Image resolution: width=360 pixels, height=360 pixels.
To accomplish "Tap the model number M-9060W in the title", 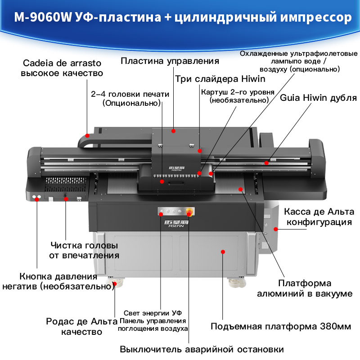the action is click(43, 17).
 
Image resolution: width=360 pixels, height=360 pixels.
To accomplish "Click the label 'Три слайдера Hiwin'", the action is click(220, 79).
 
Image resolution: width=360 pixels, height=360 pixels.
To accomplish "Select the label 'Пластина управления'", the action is click(170, 61).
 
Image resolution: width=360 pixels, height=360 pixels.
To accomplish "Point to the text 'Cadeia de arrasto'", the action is click(62, 63).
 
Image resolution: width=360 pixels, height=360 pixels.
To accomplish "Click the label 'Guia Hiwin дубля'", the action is click(318, 98).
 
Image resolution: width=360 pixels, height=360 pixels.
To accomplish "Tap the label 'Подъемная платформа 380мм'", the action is click(281, 326).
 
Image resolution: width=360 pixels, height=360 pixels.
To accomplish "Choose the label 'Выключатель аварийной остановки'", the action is click(202, 349).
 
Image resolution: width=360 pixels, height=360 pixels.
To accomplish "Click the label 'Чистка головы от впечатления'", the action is click(84, 250).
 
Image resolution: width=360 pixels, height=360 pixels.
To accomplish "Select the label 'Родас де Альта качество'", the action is click(82, 327).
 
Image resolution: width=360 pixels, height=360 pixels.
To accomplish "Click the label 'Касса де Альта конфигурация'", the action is click(319, 217).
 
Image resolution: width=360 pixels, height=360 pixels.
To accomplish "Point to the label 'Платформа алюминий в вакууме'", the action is click(305, 288).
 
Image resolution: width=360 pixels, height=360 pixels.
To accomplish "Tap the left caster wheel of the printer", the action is click(115, 283).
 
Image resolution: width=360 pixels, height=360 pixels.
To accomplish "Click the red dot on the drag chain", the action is click(87, 136).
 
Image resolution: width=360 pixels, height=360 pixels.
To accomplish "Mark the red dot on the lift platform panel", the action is click(223, 252).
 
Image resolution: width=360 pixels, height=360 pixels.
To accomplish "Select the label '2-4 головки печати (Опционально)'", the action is click(130, 99).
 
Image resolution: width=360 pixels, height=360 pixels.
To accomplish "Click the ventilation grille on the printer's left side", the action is click(65, 184).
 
